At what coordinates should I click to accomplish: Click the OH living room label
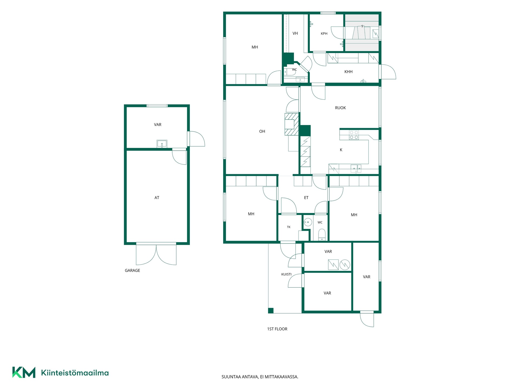(x=262, y=131)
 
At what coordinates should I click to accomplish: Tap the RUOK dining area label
(x=340, y=108)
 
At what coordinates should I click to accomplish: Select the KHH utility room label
(x=348, y=72)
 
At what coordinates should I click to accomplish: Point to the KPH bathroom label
(x=324, y=34)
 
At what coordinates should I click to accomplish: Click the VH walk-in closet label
(x=295, y=33)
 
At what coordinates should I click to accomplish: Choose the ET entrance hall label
(x=306, y=198)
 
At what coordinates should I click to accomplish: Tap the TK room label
(x=289, y=227)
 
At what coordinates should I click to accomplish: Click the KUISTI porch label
(x=286, y=274)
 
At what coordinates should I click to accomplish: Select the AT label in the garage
(x=157, y=198)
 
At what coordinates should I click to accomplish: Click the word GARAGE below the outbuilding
(x=132, y=270)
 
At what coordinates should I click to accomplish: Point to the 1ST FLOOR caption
(x=277, y=329)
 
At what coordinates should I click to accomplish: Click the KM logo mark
(x=24, y=372)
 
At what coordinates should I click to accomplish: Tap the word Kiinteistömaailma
(x=75, y=373)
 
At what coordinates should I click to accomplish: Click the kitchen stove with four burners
(x=354, y=135)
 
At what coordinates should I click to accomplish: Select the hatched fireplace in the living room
(x=292, y=124)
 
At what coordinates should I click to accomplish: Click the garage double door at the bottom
(x=156, y=254)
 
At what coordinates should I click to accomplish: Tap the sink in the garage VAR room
(x=162, y=144)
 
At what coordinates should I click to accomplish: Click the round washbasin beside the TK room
(x=308, y=223)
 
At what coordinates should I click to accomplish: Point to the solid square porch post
(x=271, y=311)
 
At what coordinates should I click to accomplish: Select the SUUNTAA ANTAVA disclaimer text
(x=260, y=377)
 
